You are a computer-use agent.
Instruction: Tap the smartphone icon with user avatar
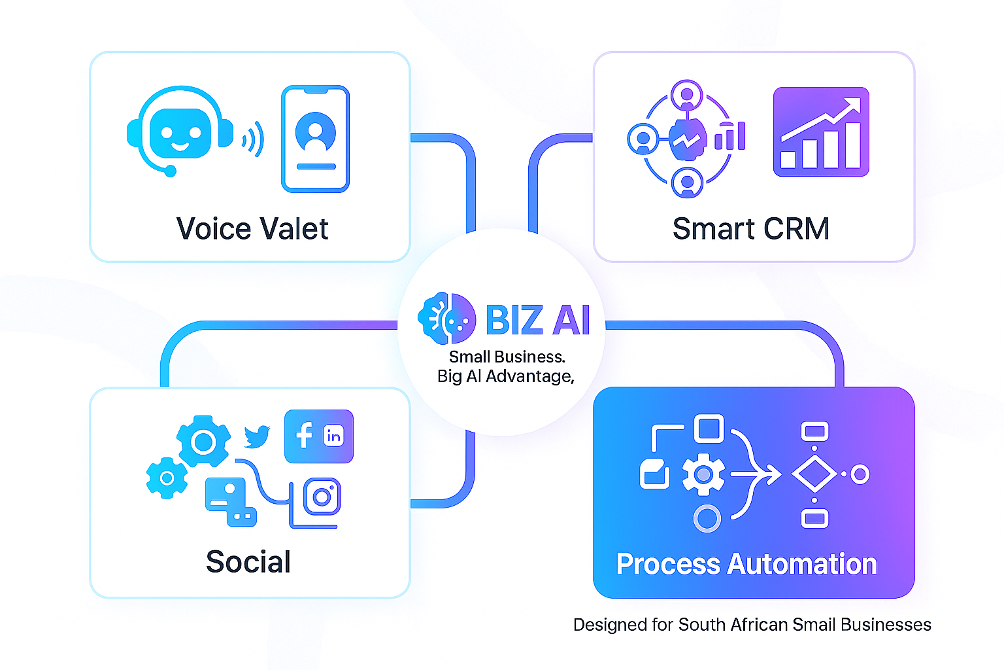click(316, 139)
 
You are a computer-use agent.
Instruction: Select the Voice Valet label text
click(252, 229)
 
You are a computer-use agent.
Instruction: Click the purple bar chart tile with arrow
click(821, 132)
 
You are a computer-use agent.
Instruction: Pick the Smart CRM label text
click(751, 229)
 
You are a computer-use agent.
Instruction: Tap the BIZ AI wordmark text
click(538, 320)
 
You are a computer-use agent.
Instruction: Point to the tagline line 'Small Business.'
click(507, 357)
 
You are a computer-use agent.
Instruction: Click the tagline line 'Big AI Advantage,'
click(505, 376)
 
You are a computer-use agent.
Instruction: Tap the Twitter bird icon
click(257, 436)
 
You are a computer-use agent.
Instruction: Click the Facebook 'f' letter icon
click(304, 435)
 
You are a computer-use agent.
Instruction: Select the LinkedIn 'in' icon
click(333, 436)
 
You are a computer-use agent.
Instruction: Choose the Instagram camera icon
click(322, 497)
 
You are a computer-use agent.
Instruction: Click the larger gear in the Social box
click(203, 442)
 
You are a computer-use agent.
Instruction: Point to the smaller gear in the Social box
click(167, 478)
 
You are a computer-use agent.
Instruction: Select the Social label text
click(248, 562)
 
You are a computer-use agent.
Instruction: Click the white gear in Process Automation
click(703, 474)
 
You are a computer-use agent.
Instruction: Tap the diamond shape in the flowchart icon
click(814, 474)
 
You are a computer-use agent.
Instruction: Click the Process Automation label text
click(746, 564)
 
